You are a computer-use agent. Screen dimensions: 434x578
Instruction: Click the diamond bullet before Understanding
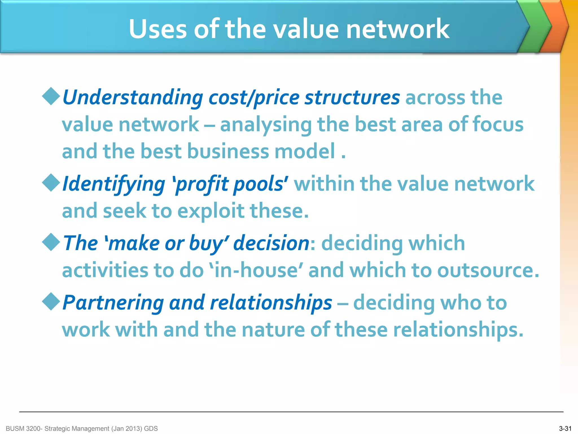pyautogui.click(x=51, y=96)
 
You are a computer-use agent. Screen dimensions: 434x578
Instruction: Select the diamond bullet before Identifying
pyautogui.click(x=51, y=183)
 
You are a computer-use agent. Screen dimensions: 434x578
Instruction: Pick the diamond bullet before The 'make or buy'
pyautogui.click(x=51, y=242)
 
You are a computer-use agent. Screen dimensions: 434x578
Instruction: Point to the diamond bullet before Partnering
pyautogui.click(x=51, y=301)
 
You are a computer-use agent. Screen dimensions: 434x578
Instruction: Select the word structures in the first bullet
pyautogui.click(x=352, y=97)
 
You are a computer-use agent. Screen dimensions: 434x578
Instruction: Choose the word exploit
pyautogui.click(x=211, y=211)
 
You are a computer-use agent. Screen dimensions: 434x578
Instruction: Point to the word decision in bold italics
pyautogui.click(x=271, y=243)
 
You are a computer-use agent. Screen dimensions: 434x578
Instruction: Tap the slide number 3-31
pyautogui.click(x=565, y=429)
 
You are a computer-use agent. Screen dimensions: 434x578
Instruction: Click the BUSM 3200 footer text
pyautogui.click(x=82, y=429)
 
